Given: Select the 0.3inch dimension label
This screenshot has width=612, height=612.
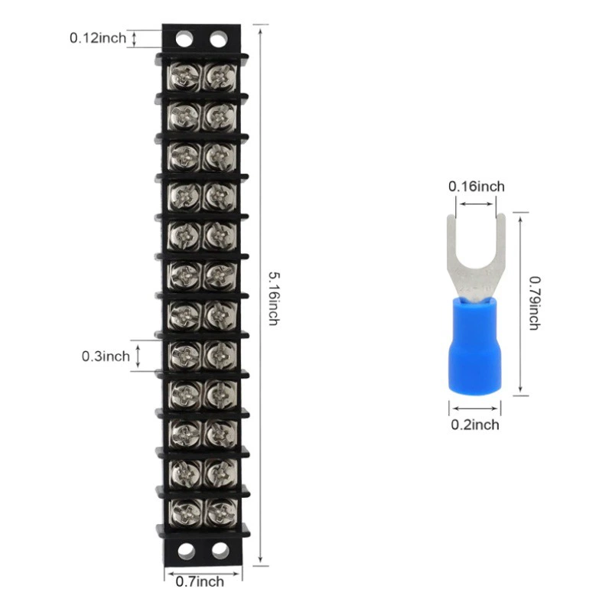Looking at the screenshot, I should pyautogui.click(x=106, y=356).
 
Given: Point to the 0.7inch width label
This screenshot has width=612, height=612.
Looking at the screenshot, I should pyautogui.click(x=200, y=582).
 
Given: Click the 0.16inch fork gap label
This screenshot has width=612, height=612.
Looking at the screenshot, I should pyautogui.click(x=476, y=186).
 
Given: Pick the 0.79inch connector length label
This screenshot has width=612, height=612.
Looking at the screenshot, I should pyautogui.click(x=534, y=303).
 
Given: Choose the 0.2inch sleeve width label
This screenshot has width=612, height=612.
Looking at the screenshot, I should pyautogui.click(x=474, y=425).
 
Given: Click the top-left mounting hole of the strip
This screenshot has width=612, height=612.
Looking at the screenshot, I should pyautogui.click(x=184, y=38).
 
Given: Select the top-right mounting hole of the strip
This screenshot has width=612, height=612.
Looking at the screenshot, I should pyautogui.click(x=219, y=38).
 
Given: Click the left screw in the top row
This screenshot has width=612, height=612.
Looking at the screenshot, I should pyautogui.click(x=184, y=75).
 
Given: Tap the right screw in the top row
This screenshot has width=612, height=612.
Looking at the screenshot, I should pyautogui.click(x=220, y=75).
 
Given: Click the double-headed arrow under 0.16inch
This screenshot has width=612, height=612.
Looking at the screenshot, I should pyautogui.click(x=476, y=203).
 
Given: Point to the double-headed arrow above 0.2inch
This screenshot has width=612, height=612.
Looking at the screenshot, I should pyautogui.click(x=474, y=408).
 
